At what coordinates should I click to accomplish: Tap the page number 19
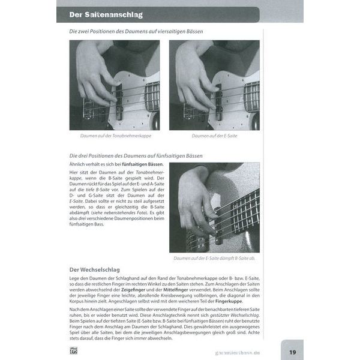292,352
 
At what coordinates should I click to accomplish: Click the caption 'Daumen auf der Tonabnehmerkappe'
114,136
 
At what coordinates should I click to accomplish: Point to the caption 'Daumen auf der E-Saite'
214,136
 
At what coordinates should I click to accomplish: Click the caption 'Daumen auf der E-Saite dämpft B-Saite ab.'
214,259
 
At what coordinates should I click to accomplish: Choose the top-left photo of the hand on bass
114,85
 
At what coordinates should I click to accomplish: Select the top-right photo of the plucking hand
214,85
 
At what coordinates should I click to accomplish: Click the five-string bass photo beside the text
214,207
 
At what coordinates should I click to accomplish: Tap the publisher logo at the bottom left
73,351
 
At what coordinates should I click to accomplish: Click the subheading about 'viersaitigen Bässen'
136,31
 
